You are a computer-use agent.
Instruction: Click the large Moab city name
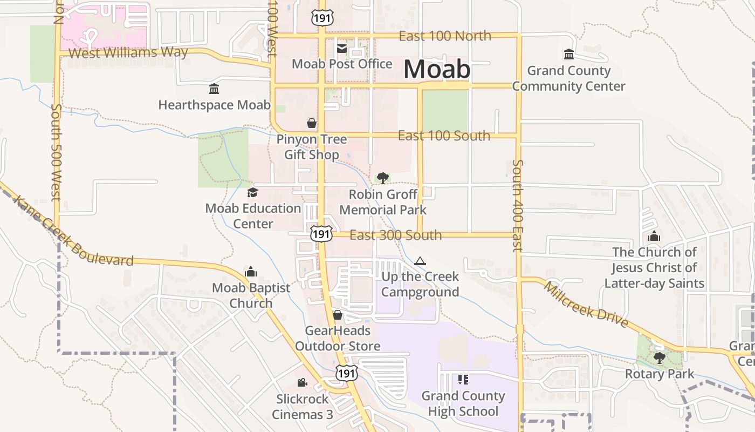pos(437,69)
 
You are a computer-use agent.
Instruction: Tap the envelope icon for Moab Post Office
pos(342,49)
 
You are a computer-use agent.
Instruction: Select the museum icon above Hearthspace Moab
pos(214,89)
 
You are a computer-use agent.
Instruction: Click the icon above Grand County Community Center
pos(568,55)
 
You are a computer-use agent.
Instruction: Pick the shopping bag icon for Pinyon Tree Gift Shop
pos(312,124)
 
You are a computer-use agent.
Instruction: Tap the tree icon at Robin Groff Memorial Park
pos(383,178)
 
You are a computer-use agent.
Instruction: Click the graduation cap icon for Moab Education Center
pos(252,193)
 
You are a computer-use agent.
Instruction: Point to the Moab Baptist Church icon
pos(251,272)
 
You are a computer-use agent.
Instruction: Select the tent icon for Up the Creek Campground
pos(420,261)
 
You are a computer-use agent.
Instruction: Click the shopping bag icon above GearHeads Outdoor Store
pos(338,315)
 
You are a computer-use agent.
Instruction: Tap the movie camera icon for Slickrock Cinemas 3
pos(302,383)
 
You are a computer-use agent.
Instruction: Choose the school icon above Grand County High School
pos(463,380)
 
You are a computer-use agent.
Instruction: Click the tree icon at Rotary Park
pos(659,357)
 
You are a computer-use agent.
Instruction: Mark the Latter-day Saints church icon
pos(654,237)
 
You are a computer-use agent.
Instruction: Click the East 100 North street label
pos(445,36)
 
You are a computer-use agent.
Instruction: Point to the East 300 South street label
pos(395,235)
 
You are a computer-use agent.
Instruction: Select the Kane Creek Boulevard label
pos(73,232)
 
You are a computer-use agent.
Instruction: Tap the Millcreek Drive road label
pos(586,305)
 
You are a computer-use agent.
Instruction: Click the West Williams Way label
pos(128,52)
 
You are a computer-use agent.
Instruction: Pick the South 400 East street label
pos(517,205)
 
